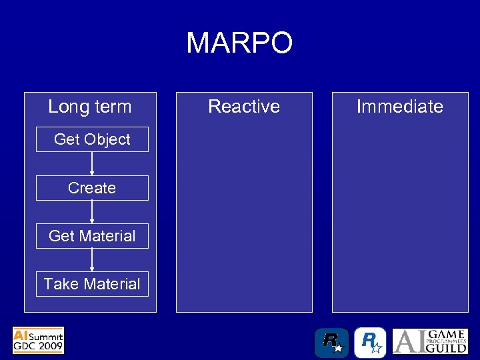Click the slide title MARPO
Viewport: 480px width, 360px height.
coord(239,43)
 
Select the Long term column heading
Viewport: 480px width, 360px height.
coord(90,106)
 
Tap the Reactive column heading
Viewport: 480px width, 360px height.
coord(244,106)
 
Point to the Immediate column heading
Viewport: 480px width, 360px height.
coord(399,106)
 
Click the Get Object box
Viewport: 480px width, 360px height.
coord(92,139)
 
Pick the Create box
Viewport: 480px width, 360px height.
coord(92,188)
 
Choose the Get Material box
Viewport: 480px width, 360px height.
coord(92,236)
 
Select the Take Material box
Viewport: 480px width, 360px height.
coord(92,284)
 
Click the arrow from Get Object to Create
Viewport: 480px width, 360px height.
coord(92,164)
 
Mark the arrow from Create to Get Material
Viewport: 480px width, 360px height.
coord(92,212)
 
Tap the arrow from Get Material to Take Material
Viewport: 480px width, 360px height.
coord(92,260)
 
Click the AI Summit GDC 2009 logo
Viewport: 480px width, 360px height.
coord(39,340)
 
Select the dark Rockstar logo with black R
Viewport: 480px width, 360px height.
coord(331,343)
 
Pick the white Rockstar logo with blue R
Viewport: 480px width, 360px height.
coord(370,343)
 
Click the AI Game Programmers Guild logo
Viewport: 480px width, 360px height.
coord(429,341)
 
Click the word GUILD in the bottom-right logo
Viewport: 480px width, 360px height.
coord(447,347)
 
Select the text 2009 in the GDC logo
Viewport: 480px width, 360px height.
coord(50,346)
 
